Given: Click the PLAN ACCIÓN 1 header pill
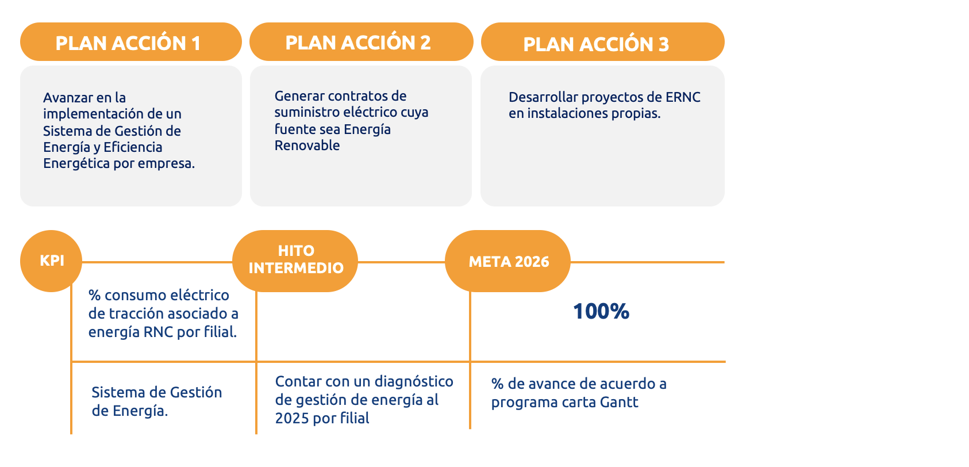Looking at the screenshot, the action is [130, 41].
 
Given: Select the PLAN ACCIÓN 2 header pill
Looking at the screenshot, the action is [361, 41].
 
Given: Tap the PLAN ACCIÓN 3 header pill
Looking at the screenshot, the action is [602, 41].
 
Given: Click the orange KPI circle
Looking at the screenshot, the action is [51, 261].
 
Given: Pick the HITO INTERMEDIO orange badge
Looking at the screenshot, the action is [295, 261].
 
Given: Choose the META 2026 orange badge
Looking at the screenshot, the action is [508, 261].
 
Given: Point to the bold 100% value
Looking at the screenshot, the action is [601, 311].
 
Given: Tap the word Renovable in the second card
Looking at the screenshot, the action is [307, 146].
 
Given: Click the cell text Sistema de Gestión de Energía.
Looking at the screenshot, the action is [156, 401].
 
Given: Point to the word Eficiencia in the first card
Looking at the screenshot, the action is [133, 147].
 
